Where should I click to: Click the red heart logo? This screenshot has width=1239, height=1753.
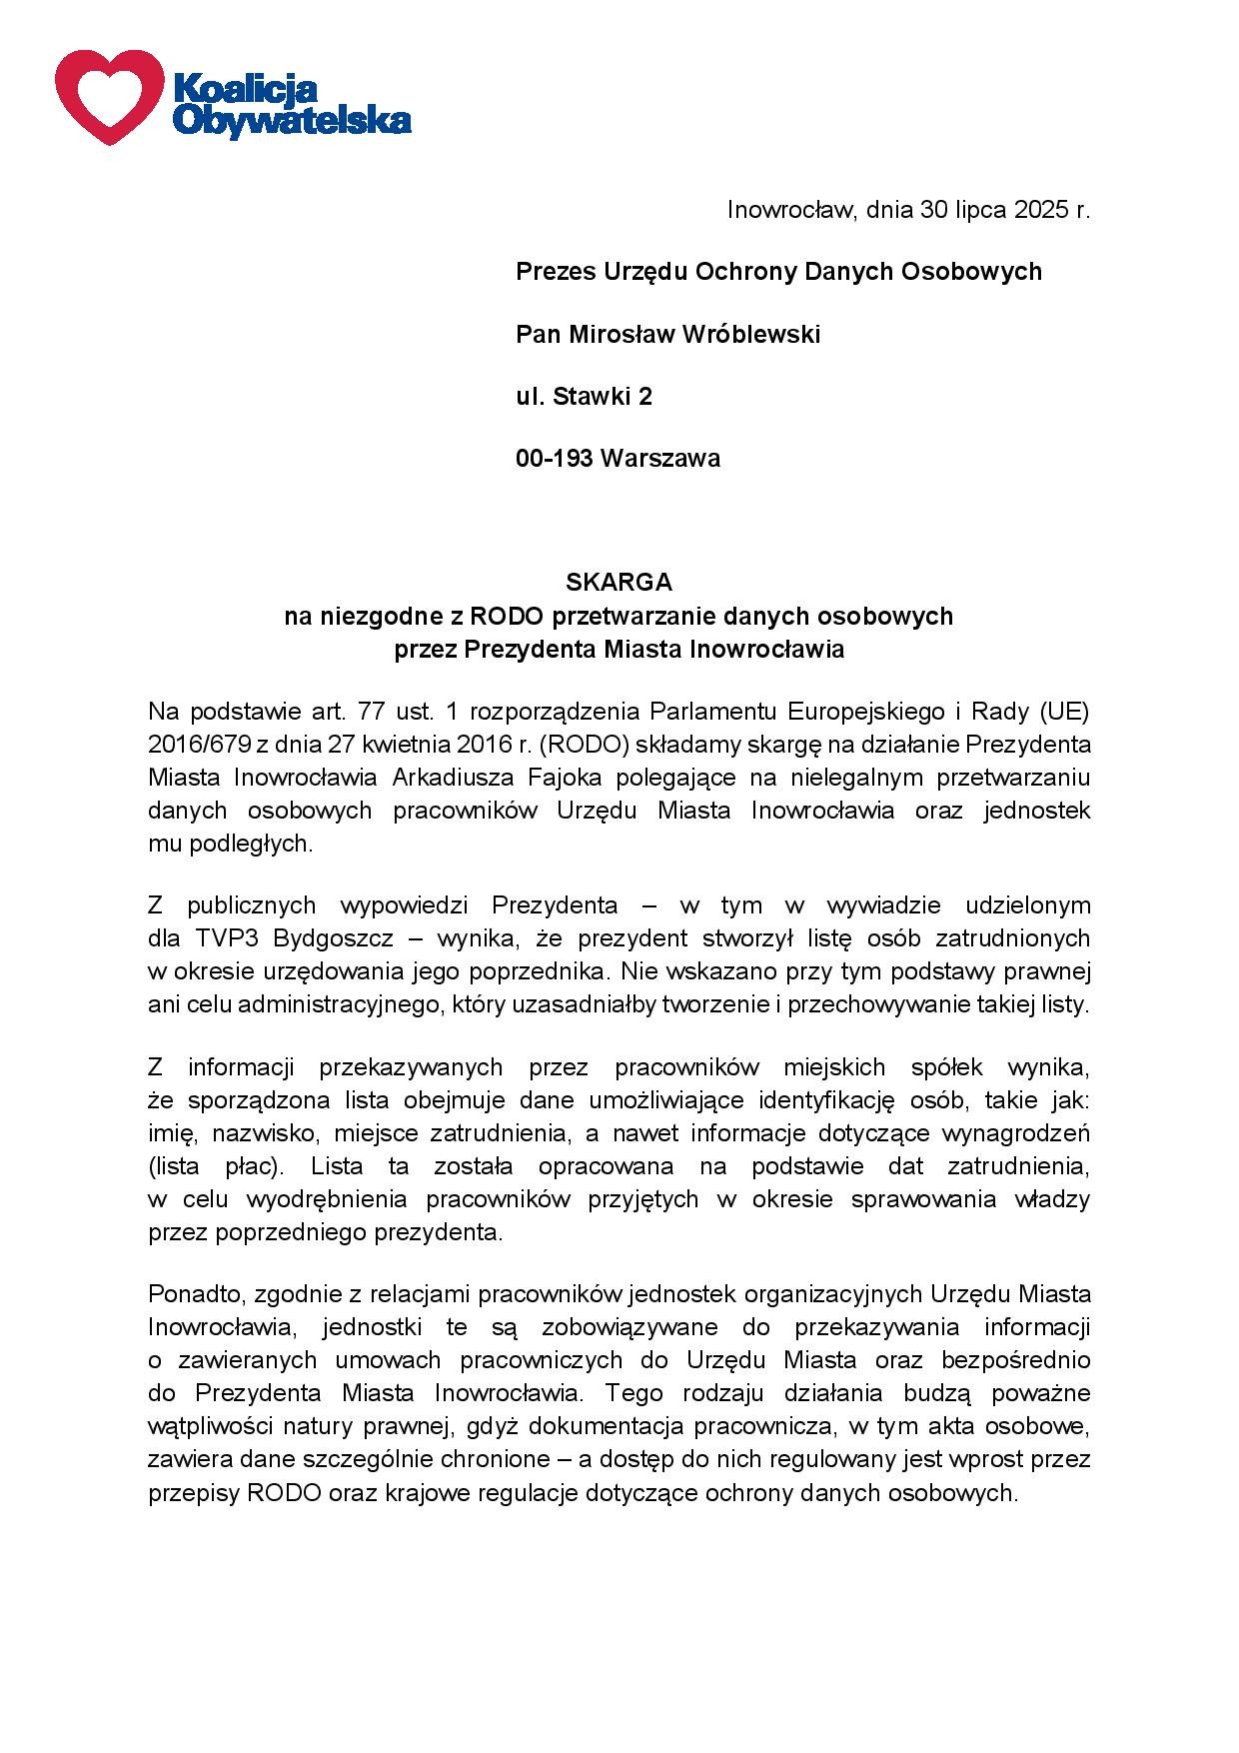(108, 95)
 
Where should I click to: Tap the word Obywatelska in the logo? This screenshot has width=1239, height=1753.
(292, 121)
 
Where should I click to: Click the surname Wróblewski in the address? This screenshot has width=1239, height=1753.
(750, 334)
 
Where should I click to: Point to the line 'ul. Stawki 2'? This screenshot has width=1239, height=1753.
(584, 397)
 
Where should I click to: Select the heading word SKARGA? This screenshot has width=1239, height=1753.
(619, 582)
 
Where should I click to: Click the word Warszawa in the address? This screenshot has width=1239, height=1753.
(660, 459)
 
